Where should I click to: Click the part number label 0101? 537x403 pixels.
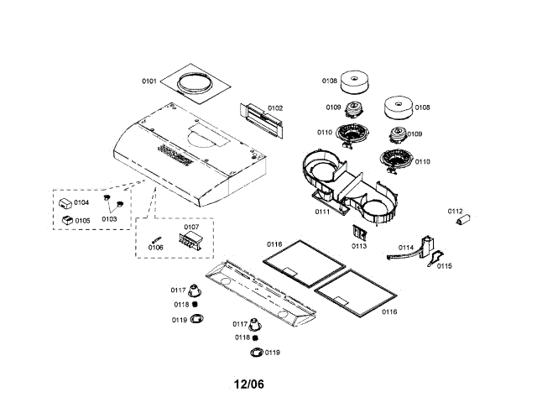click(149, 81)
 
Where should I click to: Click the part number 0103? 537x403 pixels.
click(109, 218)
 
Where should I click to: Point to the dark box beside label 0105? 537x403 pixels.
click(65, 219)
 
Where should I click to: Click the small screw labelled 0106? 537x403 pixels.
click(154, 238)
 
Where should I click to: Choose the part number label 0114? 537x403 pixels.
click(405, 247)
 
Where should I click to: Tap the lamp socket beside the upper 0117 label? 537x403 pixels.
click(195, 290)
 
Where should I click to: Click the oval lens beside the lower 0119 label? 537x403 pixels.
click(257, 352)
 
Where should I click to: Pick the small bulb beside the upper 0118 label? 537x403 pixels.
click(196, 305)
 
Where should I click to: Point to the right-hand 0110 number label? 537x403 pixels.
click(422, 161)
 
